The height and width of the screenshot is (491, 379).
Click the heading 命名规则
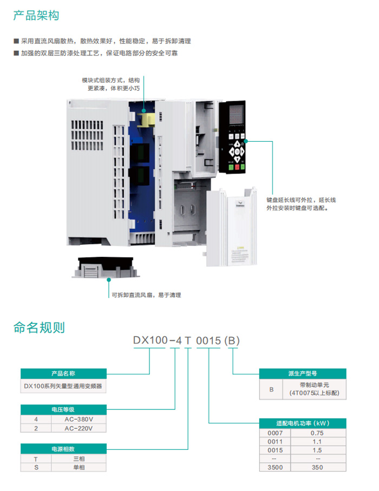click(39, 327)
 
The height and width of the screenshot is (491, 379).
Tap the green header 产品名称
click(63, 374)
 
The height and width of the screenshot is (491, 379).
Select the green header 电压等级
click(63, 409)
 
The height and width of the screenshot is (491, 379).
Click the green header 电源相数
click(63, 449)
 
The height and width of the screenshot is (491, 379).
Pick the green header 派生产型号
click(303, 374)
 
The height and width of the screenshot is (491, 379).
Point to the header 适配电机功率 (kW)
click(303, 423)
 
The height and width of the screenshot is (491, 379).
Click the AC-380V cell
click(79, 419)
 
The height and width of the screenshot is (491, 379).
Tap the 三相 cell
click(79, 459)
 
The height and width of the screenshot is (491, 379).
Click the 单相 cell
click(79, 467)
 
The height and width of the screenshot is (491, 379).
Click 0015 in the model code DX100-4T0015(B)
click(208, 341)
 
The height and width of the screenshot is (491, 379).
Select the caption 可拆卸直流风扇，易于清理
click(146, 295)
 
